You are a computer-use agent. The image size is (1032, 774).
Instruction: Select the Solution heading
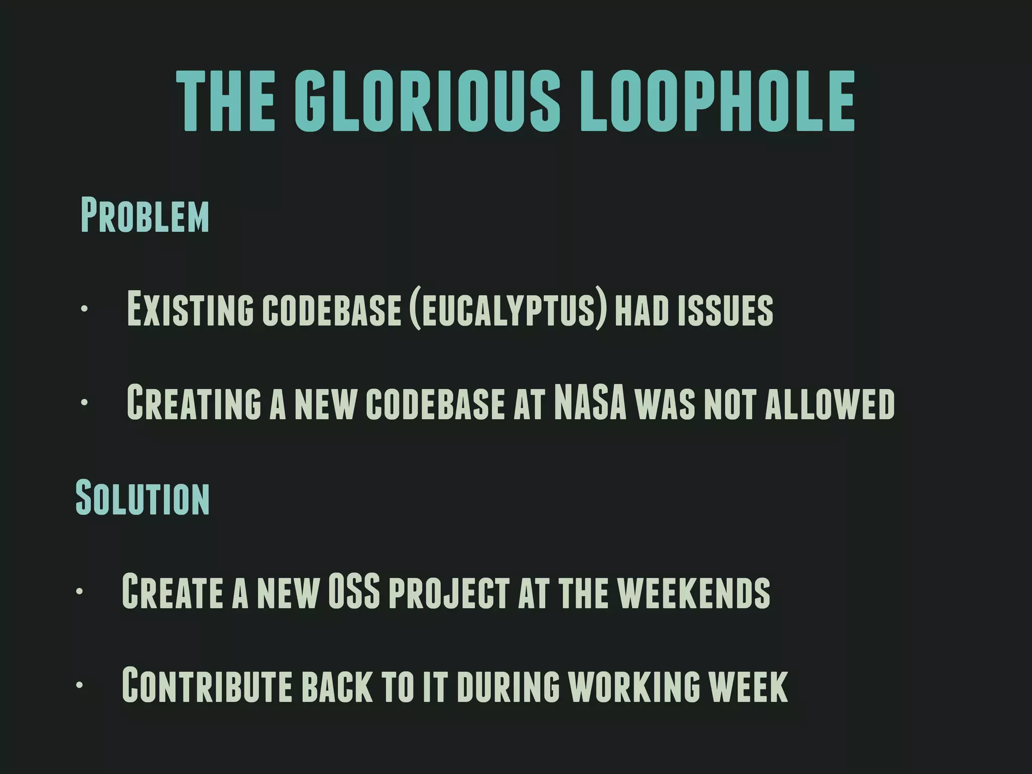click(143, 497)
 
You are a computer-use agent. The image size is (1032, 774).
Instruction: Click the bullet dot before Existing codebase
click(84, 309)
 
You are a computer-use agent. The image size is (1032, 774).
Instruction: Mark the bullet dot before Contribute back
click(79, 685)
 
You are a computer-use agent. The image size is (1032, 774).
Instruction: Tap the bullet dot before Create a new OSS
click(79, 591)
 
